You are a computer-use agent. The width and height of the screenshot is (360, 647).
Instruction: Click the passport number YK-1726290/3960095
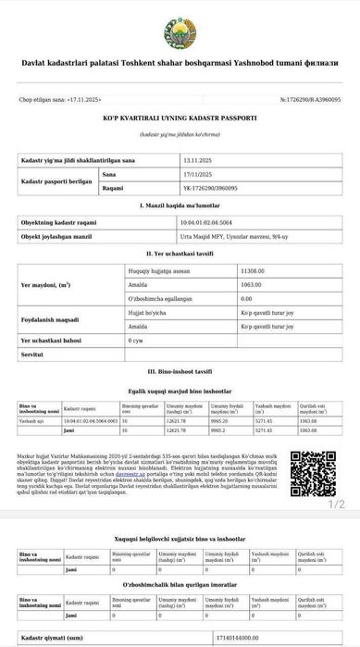coord(211,187)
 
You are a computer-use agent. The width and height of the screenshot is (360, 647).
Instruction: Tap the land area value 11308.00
coord(253,269)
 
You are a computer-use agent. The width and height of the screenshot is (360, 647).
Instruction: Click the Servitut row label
coord(33,355)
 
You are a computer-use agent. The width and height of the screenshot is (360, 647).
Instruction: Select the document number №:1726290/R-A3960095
coord(310,99)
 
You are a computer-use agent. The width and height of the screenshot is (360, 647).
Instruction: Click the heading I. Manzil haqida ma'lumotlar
coord(180,205)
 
